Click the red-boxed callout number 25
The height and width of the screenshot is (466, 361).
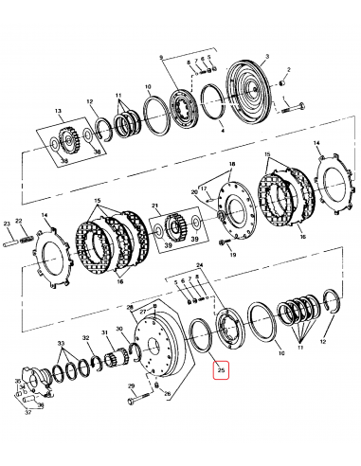pos(221,370)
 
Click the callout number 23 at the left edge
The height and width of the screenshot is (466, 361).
pos(7,224)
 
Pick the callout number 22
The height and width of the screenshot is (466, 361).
pos(19,221)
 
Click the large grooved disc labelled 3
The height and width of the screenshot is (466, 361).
pos(252,95)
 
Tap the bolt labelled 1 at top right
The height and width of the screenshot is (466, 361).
pos(292,106)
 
